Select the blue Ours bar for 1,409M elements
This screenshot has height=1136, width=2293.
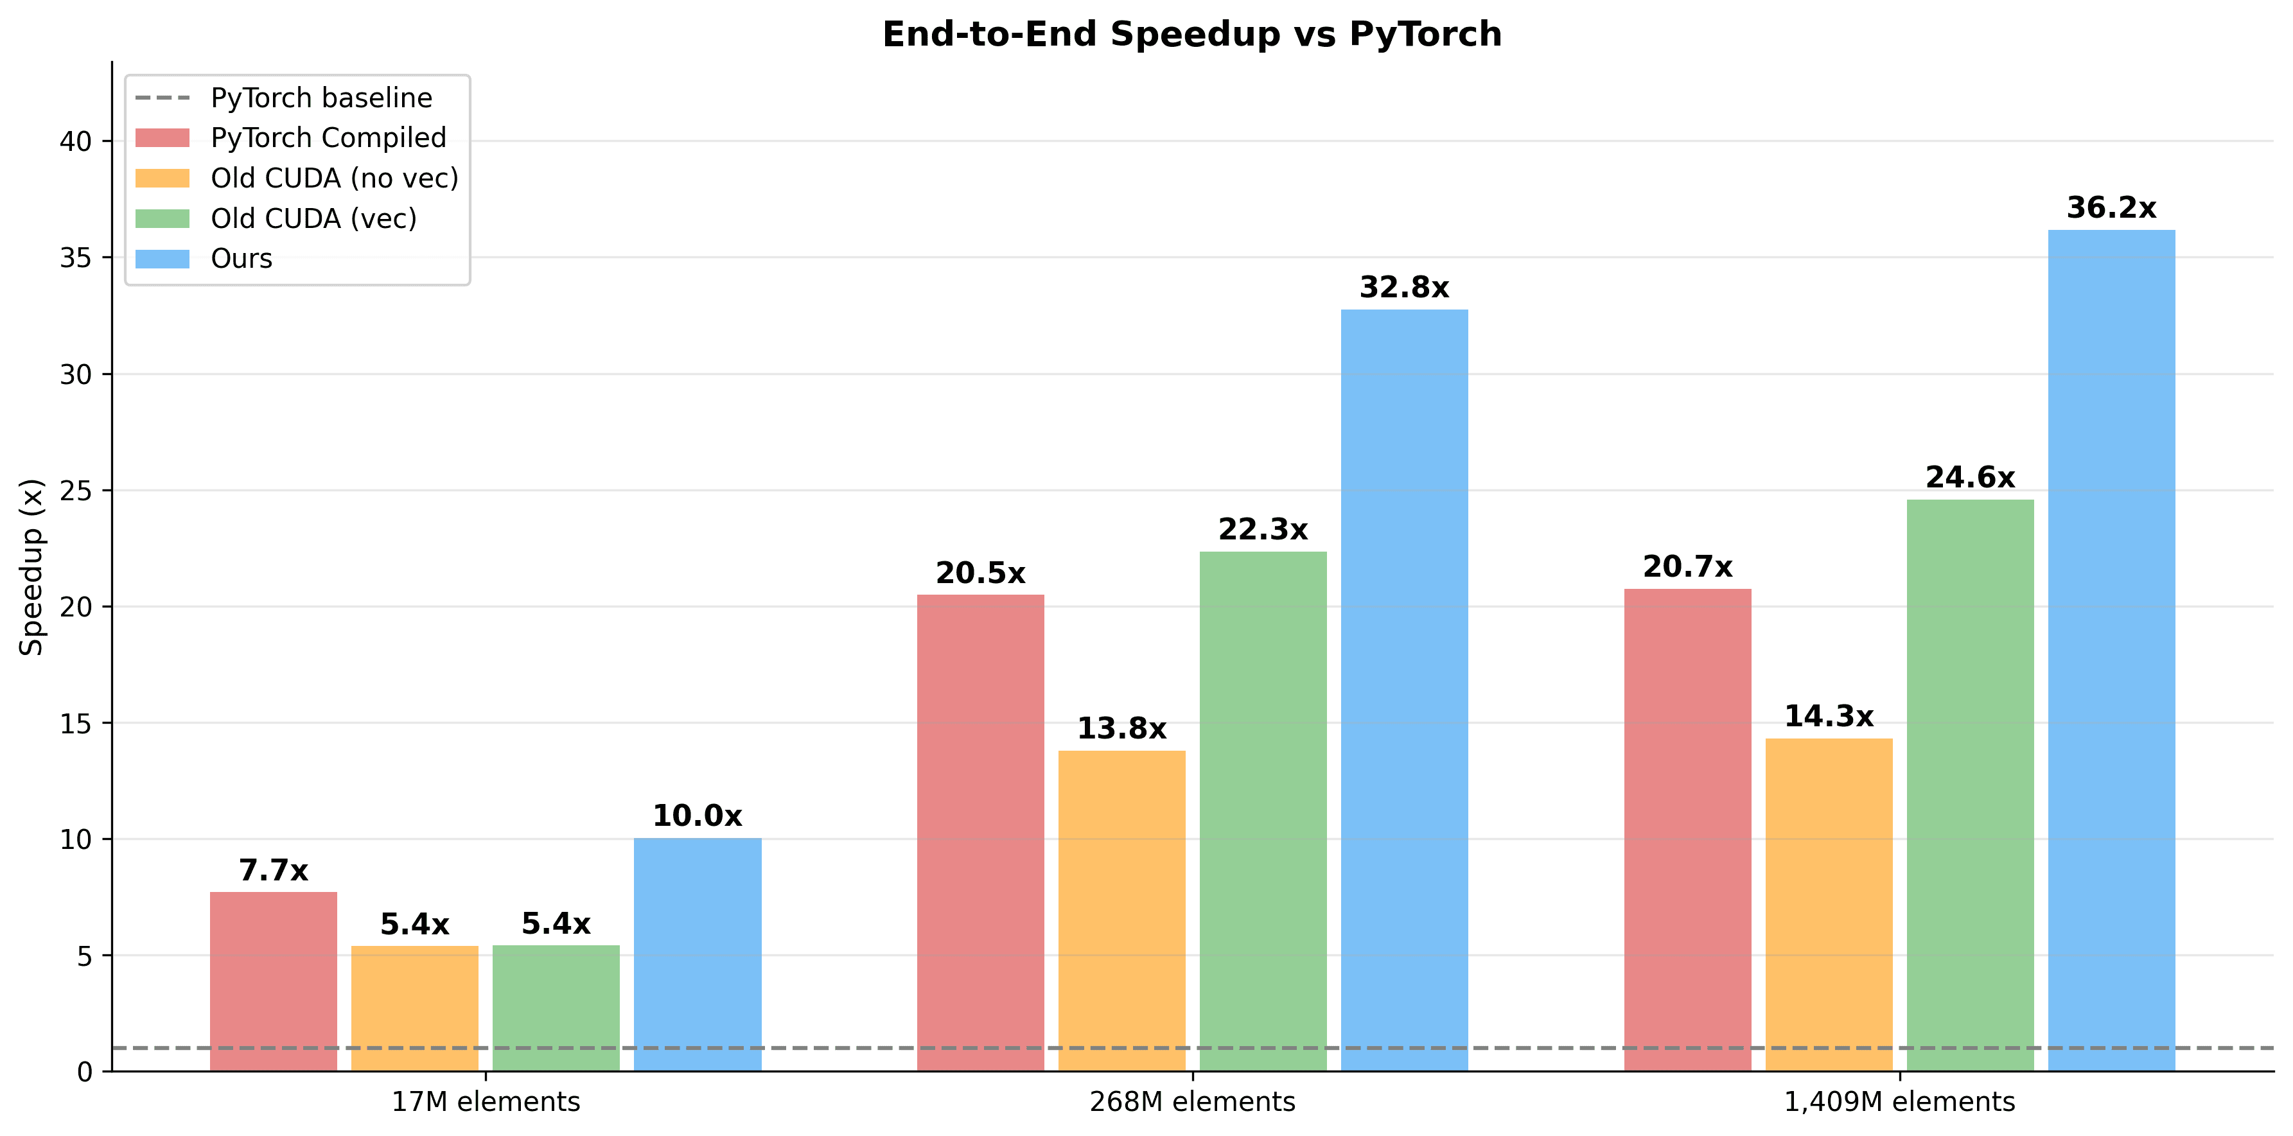[2111, 650]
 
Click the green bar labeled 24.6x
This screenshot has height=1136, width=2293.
[1970, 784]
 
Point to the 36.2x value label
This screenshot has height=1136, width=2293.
[2111, 208]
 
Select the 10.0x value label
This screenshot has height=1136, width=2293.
[697, 816]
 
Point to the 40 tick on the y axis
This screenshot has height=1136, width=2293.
[76, 141]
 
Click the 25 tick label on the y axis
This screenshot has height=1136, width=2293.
[76, 491]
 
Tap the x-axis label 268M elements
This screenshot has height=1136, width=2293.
[1192, 1102]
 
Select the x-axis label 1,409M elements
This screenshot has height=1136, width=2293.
[1899, 1102]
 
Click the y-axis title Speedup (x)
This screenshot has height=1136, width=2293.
[32, 567]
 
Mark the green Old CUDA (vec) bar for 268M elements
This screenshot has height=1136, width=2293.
[1263, 811]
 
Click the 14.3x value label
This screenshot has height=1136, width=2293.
[1829, 717]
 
